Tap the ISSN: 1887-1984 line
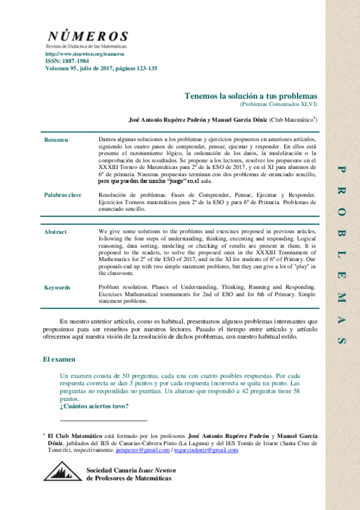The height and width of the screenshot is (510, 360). point(67,61)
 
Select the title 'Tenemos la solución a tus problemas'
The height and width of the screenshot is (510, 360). point(251,96)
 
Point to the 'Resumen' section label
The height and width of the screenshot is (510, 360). point(56,140)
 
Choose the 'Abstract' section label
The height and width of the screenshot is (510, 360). point(55,232)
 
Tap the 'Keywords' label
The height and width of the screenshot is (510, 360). point(57,287)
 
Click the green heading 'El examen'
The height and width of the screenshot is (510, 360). point(59,359)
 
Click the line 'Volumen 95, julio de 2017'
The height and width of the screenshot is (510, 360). point(101,69)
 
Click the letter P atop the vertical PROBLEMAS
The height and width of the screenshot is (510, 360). point(342,170)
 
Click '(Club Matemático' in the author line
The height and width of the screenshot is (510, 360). point(291,120)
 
